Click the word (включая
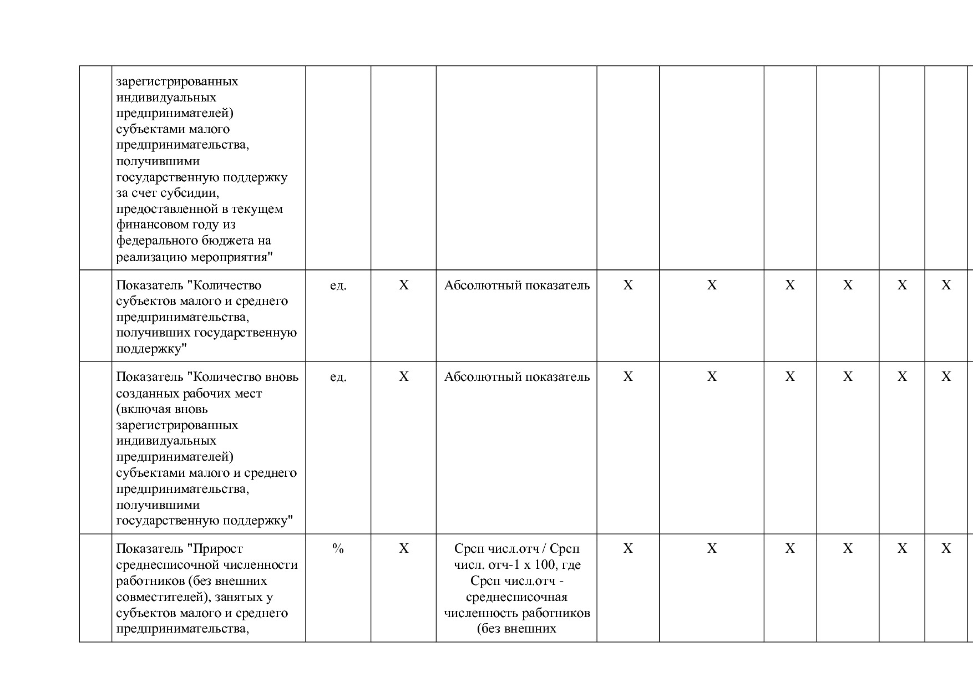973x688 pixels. [x=144, y=409]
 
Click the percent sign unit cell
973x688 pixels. [x=338, y=549]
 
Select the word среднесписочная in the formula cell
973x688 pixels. [x=516, y=597]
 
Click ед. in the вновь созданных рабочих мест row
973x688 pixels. [x=338, y=377]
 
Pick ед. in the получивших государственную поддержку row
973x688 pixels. [x=338, y=286]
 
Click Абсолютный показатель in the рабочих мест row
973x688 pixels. [x=516, y=377]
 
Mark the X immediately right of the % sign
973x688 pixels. [x=403, y=549]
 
